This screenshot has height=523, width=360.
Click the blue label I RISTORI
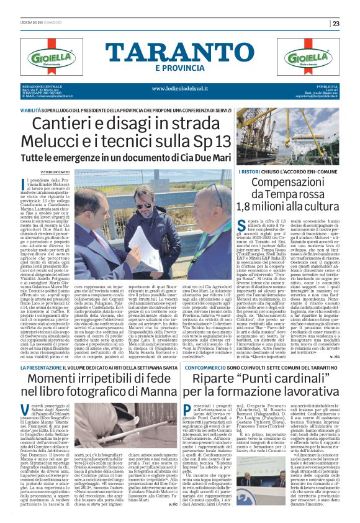tap(249, 171)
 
